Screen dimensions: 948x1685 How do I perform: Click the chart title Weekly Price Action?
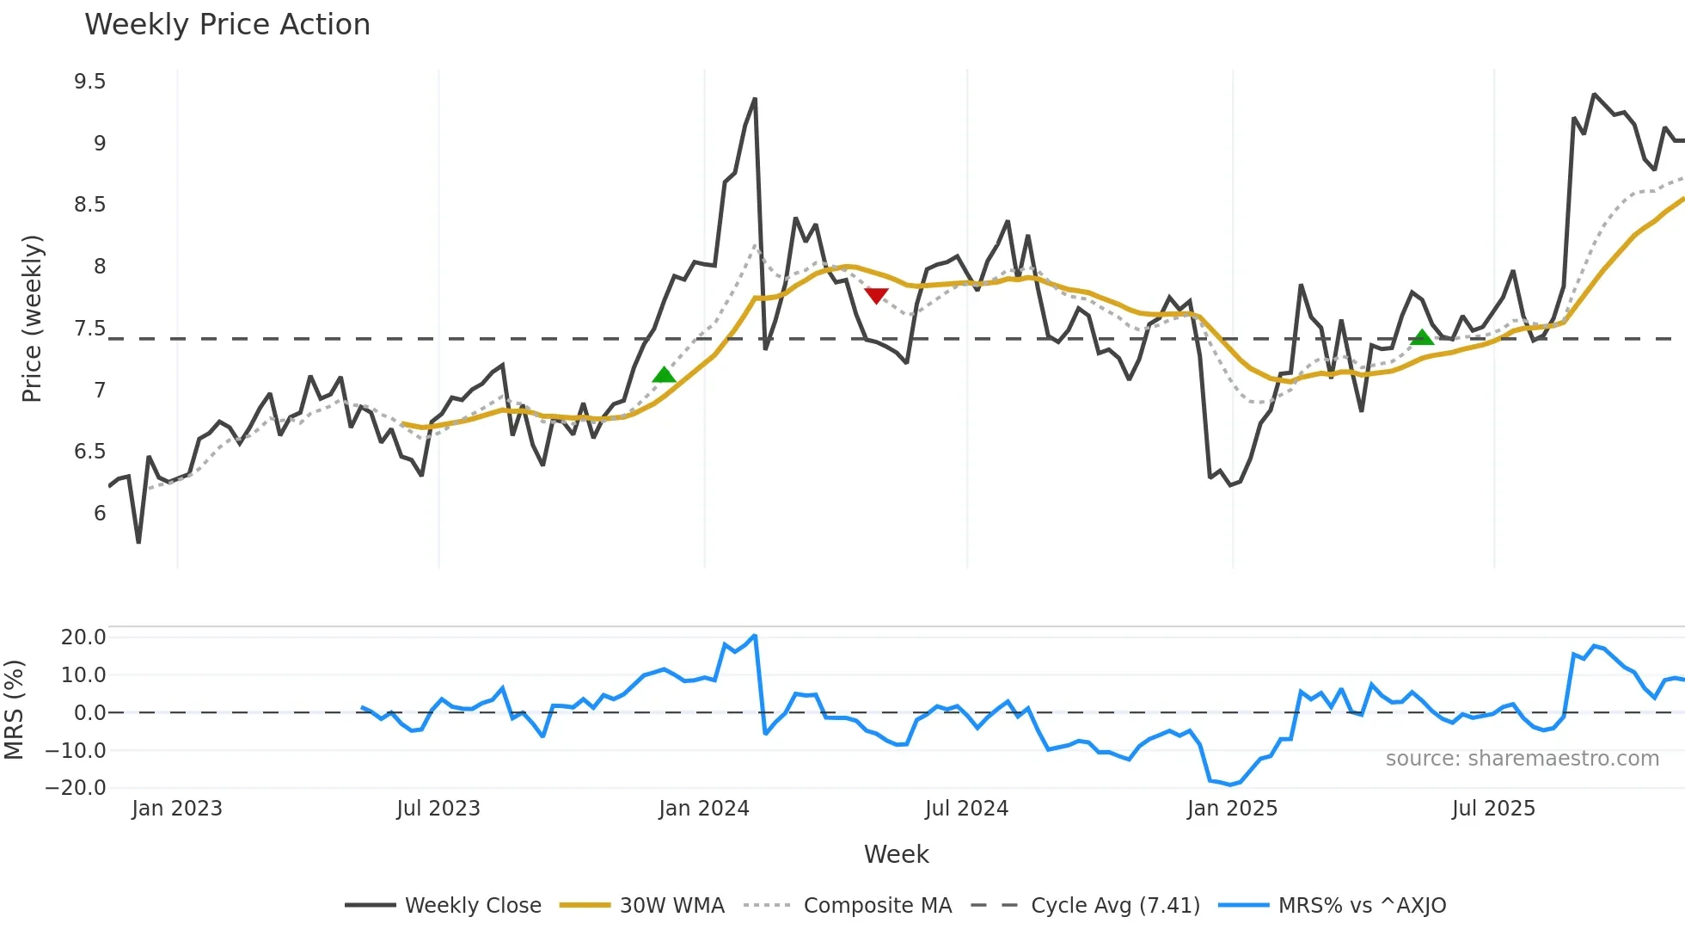[x=227, y=25]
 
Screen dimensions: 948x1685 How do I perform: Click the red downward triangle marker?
[x=876, y=296]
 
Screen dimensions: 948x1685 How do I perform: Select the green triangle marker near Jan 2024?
[x=664, y=374]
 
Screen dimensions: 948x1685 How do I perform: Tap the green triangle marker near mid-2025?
[x=1422, y=337]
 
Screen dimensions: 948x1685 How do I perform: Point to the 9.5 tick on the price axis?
[x=90, y=82]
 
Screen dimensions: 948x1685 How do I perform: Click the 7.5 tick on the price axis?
[x=90, y=329]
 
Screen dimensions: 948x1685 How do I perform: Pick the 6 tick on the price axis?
[x=100, y=514]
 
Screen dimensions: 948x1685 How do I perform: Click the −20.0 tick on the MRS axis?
[x=76, y=787]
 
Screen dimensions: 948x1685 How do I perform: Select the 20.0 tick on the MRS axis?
[x=83, y=637]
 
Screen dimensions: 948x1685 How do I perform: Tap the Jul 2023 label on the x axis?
[x=438, y=809]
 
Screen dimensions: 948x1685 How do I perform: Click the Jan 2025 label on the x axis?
[x=1232, y=809]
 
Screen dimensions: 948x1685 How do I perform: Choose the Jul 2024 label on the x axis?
[x=966, y=809]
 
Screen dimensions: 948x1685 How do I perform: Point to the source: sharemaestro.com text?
[x=1522, y=759]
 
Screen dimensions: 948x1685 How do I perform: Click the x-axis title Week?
[x=896, y=854]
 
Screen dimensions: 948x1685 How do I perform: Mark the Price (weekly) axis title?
[x=32, y=318]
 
